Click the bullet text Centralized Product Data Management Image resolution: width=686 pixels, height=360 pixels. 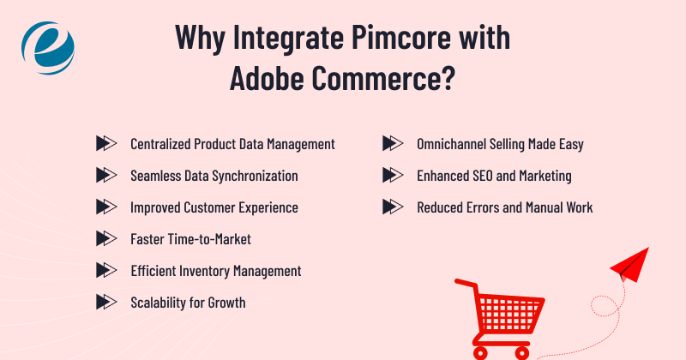pyautogui.click(x=232, y=144)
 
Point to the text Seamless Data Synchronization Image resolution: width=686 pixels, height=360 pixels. pyautogui.click(x=214, y=176)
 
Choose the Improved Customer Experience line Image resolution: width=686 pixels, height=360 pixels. pyautogui.click(x=214, y=207)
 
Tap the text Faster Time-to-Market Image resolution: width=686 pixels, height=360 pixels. pyautogui.click(x=190, y=238)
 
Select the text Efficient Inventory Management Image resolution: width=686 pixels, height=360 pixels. pyautogui.click(x=215, y=270)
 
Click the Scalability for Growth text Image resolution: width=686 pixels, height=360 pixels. pyautogui.click(x=188, y=302)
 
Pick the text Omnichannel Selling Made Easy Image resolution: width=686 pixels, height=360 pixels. pyautogui.click(x=499, y=144)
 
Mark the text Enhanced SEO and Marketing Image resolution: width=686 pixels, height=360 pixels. pyautogui.click(x=494, y=176)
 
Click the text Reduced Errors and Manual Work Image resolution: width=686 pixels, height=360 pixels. pyautogui.click(x=504, y=207)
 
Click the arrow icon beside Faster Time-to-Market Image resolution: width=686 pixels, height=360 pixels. pyautogui.click(x=105, y=238)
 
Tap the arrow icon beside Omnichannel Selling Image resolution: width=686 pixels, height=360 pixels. pyautogui.click(x=392, y=144)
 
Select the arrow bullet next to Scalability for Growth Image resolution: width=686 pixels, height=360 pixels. pyautogui.click(x=105, y=302)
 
